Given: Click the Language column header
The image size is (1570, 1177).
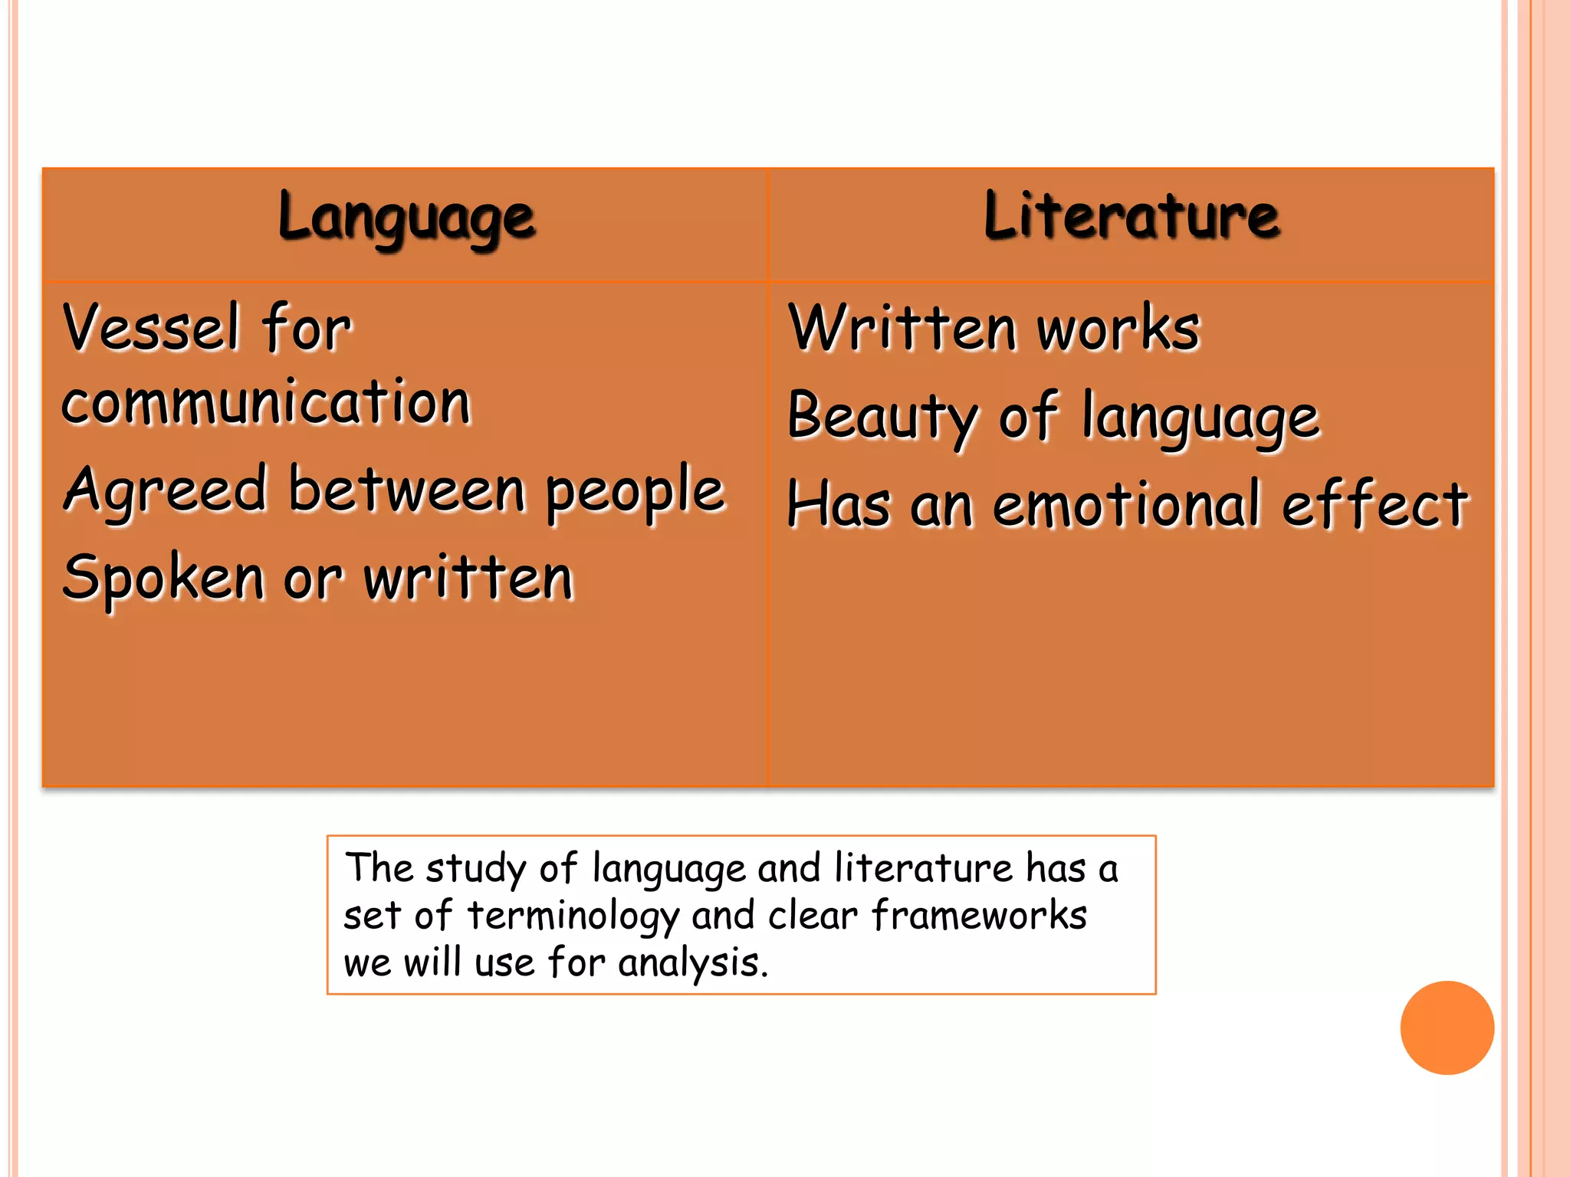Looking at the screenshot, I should tap(406, 218).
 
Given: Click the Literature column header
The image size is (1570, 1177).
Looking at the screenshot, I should tap(1132, 216).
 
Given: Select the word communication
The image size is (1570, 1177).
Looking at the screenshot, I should tap(266, 402).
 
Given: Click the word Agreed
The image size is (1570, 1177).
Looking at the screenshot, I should tap(166, 492).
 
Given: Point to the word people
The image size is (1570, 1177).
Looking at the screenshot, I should tap(636, 492).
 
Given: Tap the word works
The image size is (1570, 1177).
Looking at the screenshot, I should tap(1118, 329).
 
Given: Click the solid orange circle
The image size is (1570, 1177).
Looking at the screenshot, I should tap(1447, 1028).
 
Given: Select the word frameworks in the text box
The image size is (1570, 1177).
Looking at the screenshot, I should tap(979, 915).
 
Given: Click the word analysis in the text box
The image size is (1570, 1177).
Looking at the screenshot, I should tap(692, 963).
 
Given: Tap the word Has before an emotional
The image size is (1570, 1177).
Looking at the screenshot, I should tap(839, 505).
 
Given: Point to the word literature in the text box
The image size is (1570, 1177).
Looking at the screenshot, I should tap(923, 868).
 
